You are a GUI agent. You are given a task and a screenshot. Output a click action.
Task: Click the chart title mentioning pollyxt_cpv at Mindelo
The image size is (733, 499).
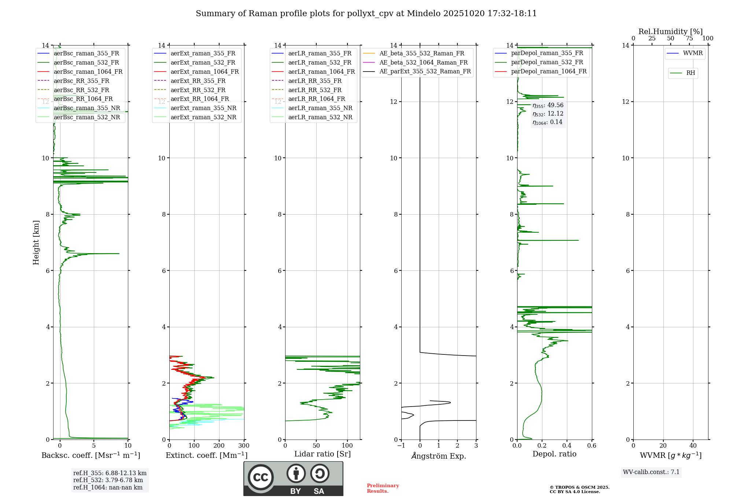(x=366, y=14)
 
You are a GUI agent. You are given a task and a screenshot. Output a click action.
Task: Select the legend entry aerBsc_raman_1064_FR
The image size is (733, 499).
(x=88, y=72)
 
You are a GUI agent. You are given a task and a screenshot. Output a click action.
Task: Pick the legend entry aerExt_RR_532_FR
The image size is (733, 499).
(x=198, y=90)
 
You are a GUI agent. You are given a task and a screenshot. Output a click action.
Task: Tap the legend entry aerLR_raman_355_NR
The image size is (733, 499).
(x=320, y=108)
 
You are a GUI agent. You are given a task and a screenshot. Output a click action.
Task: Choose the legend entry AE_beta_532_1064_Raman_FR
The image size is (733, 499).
(x=423, y=62)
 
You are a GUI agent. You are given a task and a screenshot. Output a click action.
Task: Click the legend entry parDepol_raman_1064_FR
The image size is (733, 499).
(x=549, y=71)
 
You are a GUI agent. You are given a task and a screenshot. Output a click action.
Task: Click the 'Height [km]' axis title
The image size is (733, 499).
(x=36, y=242)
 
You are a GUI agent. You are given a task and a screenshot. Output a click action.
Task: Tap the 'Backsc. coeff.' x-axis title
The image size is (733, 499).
(x=91, y=455)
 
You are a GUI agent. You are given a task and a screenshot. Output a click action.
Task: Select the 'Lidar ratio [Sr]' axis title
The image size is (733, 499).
(x=323, y=454)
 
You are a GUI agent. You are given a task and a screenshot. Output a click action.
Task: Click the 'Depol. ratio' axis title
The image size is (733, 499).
(x=554, y=454)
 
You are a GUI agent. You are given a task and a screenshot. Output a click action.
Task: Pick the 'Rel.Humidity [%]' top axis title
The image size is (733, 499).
(x=670, y=32)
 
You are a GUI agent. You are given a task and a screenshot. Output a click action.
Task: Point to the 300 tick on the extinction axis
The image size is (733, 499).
(x=244, y=446)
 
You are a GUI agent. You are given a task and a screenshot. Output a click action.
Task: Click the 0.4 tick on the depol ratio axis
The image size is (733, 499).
(x=567, y=446)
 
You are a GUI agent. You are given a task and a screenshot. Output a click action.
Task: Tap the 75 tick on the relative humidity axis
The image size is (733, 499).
(x=689, y=39)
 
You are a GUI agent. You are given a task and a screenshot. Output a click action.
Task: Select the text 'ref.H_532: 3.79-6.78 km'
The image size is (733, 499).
(x=108, y=480)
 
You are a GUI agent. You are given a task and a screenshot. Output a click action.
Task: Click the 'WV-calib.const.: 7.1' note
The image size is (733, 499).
(x=651, y=472)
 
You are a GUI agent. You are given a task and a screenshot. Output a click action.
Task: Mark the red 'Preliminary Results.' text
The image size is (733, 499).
(x=383, y=488)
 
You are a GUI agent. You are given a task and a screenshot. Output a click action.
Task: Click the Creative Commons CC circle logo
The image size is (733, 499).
(x=261, y=477)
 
